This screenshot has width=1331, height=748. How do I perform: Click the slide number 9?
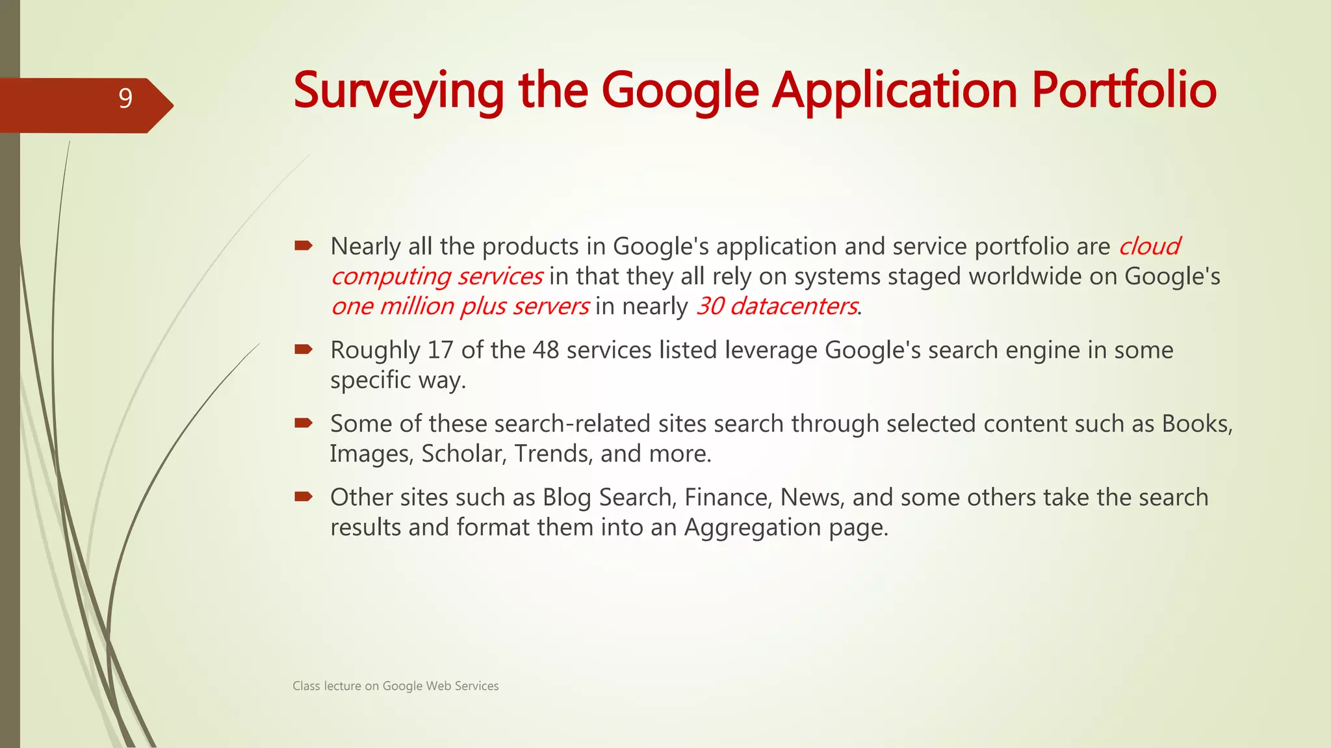(x=125, y=99)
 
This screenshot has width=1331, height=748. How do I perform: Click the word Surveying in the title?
(x=398, y=91)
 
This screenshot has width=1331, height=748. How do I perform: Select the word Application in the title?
(x=894, y=91)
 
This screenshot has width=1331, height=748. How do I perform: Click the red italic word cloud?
(x=1149, y=247)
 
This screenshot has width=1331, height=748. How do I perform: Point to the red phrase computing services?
(x=437, y=277)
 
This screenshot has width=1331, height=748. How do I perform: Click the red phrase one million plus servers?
(x=460, y=306)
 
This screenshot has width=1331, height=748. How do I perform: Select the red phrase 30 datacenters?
(x=777, y=306)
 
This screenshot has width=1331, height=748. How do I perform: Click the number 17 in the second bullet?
(x=440, y=350)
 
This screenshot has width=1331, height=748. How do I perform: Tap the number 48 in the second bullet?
(x=546, y=350)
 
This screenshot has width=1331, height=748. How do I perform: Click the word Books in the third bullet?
(x=1195, y=424)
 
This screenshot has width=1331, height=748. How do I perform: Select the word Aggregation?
(x=753, y=528)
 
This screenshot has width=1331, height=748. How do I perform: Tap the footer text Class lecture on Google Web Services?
(x=395, y=686)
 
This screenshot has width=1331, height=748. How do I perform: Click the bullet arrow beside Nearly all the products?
(x=304, y=246)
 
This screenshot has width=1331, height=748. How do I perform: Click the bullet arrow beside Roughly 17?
(x=304, y=350)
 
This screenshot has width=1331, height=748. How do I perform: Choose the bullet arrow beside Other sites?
(x=304, y=497)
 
